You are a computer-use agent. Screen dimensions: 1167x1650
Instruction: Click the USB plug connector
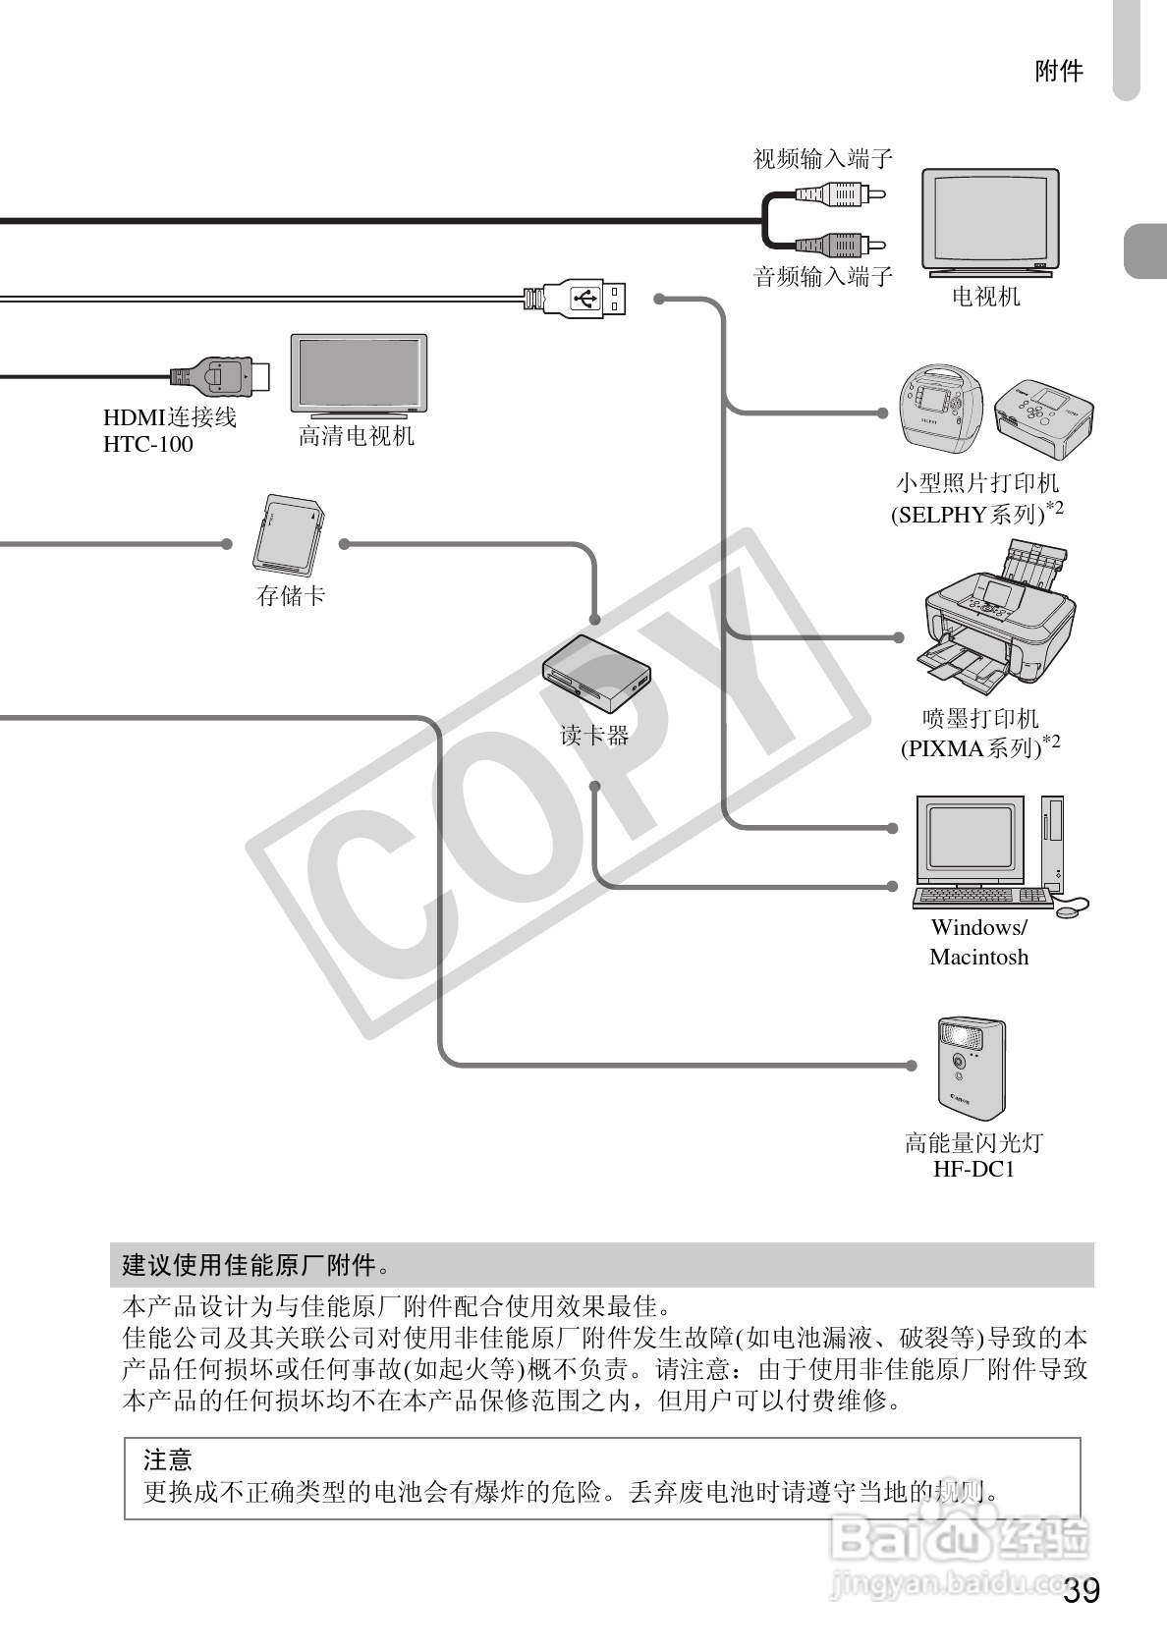click(x=585, y=298)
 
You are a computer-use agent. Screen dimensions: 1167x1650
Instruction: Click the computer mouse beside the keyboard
click(x=1070, y=910)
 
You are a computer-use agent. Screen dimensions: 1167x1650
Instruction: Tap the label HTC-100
click(x=148, y=444)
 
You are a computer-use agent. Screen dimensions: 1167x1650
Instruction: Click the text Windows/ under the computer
click(x=978, y=927)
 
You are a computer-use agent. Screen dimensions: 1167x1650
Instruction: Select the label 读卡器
click(x=594, y=735)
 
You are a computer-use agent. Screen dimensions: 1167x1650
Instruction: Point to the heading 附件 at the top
click(x=1059, y=71)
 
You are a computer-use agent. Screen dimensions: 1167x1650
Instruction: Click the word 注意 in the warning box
click(x=168, y=1459)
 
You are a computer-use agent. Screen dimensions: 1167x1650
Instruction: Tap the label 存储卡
click(x=291, y=595)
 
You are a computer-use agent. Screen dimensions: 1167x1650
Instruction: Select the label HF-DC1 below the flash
click(x=973, y=1169)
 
